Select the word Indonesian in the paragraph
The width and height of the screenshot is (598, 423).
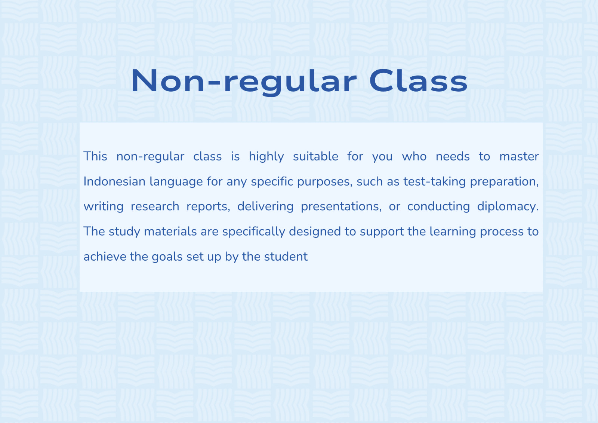click(x=114, y=181)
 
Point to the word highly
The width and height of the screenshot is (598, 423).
click(x=266, y=157)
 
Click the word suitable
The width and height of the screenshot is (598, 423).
click(x=315, y=156)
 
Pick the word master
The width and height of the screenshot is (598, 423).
click(x=519, y=157)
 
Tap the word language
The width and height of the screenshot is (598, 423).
click(x=176, y=182)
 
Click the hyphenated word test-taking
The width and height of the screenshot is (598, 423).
click(x=435, y=182)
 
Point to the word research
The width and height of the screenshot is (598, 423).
click(x=155, y=206)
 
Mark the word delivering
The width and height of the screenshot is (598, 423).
click(x=265, y=207)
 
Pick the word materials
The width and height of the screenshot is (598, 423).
click(x=170, y=232)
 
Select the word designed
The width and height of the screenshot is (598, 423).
click(x=315, y=232)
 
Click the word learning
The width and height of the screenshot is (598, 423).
click(x=453, y=232)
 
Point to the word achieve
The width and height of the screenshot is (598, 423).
click(x=105, y=257)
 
